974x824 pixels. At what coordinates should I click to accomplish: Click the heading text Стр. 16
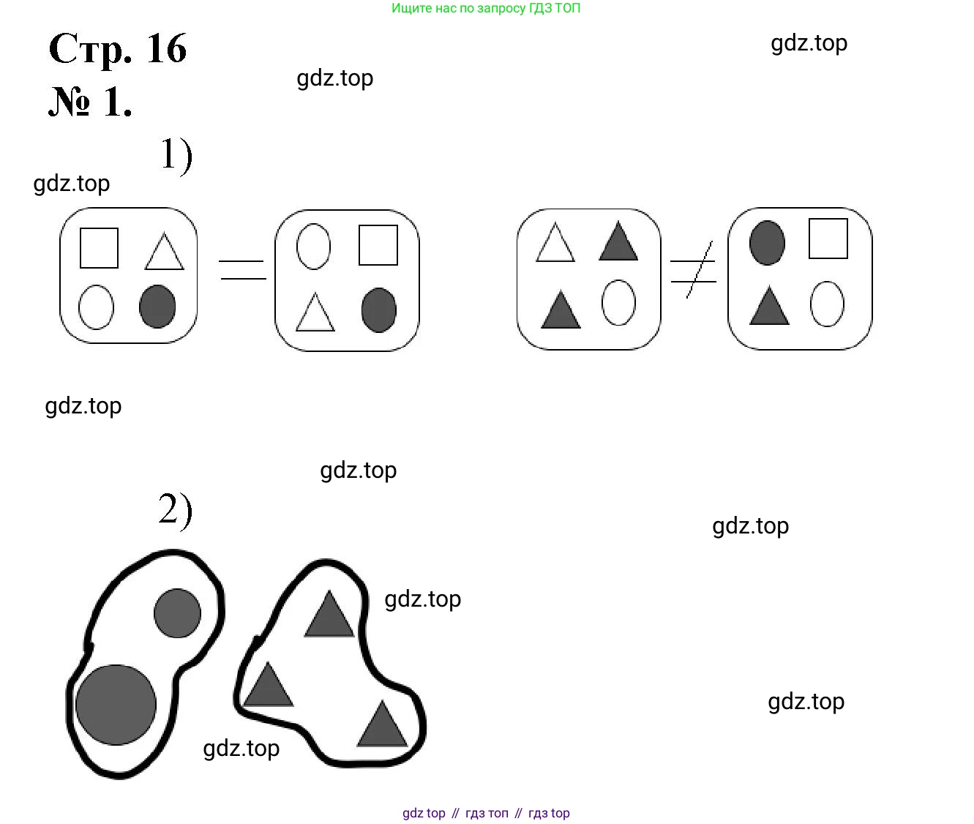coord(118,49)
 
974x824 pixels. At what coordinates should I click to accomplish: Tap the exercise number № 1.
coord(90,102)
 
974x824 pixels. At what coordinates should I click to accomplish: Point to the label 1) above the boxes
coord(176,155)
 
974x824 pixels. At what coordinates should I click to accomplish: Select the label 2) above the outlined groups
coord(176,509)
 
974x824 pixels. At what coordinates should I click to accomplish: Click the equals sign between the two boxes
coord(243,270)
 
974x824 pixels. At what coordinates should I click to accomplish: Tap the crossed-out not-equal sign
coord(694,270)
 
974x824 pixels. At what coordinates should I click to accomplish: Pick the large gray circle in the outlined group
coord(116,705)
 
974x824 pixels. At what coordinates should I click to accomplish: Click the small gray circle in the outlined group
coord(177,613)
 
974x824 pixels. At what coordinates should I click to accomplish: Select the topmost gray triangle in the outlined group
coord(329,614)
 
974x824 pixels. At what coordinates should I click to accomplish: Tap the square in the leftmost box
coord(99,248)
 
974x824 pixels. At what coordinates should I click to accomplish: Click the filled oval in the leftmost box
coord(157,306)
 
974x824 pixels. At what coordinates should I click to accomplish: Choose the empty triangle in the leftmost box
coord(164,252)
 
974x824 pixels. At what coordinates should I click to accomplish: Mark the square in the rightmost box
coord(828,239)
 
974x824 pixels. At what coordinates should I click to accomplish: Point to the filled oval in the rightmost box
coord(767,243)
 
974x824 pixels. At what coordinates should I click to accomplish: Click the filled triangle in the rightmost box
coord(769,305)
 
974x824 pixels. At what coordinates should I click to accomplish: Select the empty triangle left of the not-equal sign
coord(555,242)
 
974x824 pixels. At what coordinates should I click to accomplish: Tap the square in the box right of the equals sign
coord(378,245)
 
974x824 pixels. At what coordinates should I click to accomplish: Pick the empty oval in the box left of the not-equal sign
coord(618,303)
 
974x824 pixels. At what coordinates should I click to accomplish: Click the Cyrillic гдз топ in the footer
coord(487,813)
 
